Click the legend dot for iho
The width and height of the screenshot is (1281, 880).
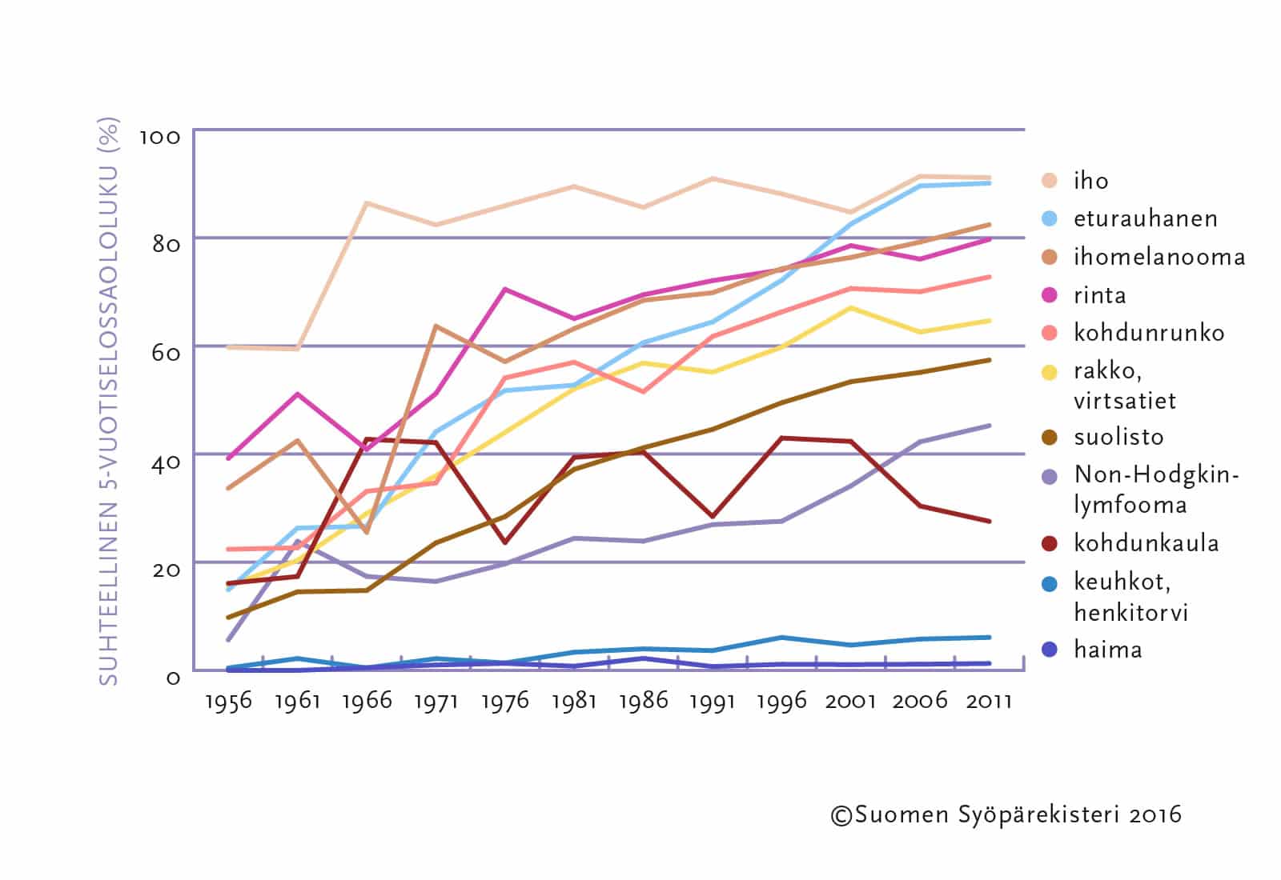tap(1050, 180)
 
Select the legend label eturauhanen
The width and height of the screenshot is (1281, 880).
tap(1145, 218)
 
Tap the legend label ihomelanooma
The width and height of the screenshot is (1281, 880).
tap(1159, 257)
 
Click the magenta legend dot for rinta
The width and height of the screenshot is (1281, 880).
tap(1050, 295)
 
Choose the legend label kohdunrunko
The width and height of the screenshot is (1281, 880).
tap(1148, 333)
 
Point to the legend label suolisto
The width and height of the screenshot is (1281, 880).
tap(1118, 437)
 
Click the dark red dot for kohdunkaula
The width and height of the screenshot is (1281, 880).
tap(1050, 543)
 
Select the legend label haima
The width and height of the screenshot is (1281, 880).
tap(1107, 649)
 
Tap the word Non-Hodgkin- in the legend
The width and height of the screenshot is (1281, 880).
tap(1156, 474)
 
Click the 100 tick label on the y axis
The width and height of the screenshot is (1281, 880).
tap(160, 137)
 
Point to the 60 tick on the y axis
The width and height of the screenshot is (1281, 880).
tap(166, 352)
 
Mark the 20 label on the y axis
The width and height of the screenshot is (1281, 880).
tap(166, 569)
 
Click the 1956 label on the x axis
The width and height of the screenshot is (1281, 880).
tap(228, 702)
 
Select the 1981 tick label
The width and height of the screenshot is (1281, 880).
tap(574, 702)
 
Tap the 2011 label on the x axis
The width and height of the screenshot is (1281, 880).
tap(989, 702)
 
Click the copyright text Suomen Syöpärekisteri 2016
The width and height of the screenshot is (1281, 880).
tap(1006, 815)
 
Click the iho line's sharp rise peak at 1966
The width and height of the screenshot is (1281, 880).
tap(366, 203)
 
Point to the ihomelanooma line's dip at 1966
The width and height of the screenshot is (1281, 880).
tap(367, 532)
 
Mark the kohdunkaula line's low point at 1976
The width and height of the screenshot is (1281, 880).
tap(504, 542)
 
